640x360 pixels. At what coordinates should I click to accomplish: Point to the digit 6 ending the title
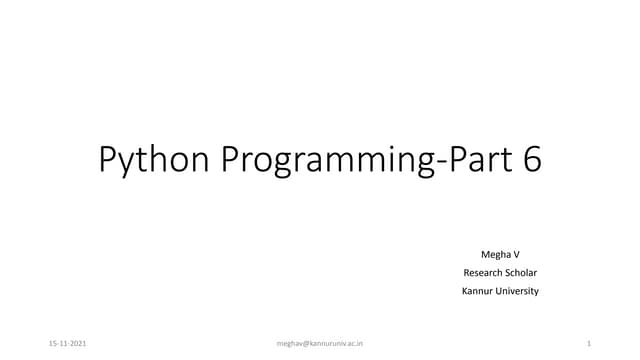pyautogui.click(x=530, y=159)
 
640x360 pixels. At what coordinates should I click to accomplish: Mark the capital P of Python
pyautogui.click(x=108, y=159)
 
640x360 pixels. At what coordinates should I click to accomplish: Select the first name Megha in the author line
pyautogui.click(x=494, y=255)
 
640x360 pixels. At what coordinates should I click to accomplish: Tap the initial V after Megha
pyautogui.click(x=516, y=255)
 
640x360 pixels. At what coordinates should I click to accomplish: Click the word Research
pyautogui.click(x=483, y=273)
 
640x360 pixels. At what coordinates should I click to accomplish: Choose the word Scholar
pyautogui.click(x=523, y=273)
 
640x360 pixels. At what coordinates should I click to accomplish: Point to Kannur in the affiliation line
pyautogui.click(x=476, y=291)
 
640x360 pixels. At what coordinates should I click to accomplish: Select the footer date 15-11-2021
pyautogui.click(x=67, y=343)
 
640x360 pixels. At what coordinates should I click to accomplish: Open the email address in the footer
pyautogui.click(x=319, y=343)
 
